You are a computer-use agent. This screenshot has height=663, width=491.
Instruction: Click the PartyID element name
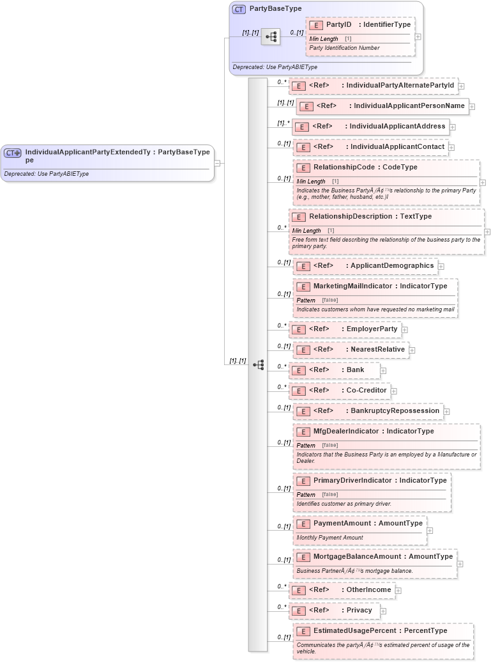338,25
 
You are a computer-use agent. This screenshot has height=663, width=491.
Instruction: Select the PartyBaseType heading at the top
276,9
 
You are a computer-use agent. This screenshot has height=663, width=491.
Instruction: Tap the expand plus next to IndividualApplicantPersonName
472,106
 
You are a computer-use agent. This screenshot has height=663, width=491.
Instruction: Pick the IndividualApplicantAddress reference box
370,127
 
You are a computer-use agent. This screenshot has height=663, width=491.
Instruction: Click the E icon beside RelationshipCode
303,168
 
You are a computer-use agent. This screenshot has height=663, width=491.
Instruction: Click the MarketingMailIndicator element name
352,286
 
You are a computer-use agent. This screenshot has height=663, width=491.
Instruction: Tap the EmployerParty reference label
372,329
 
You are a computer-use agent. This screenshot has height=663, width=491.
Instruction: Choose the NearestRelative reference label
377,349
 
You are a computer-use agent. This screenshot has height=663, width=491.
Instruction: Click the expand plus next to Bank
383,370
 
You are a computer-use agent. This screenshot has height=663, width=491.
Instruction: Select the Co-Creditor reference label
366,390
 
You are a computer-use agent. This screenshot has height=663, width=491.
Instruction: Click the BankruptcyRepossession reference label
395,410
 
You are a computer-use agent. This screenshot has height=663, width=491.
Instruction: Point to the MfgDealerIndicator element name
345,431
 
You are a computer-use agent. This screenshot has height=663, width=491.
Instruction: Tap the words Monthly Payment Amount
329,538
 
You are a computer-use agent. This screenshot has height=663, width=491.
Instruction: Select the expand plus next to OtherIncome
398,590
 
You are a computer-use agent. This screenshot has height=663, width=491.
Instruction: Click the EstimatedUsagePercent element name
357,630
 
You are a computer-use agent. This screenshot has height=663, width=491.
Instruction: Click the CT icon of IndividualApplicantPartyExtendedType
13,153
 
